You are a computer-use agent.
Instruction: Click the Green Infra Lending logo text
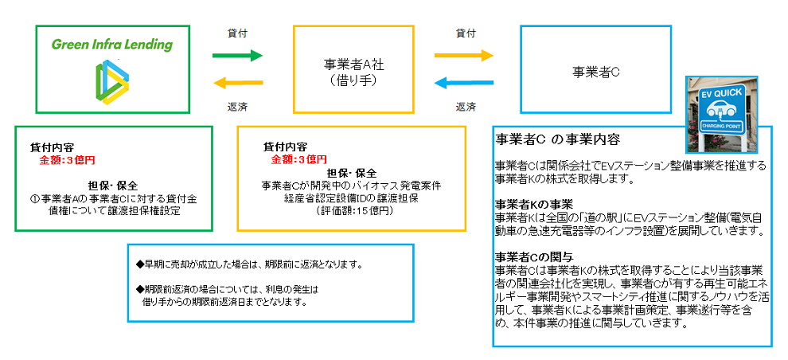point(111,45)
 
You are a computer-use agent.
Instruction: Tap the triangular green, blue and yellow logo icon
point(112,82)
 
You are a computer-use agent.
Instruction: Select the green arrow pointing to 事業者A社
point(238,55)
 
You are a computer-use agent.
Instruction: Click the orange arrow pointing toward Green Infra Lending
point(238,83)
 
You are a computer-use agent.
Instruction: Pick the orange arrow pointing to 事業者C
point(464,55)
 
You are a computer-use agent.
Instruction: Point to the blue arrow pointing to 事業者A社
point(464,83)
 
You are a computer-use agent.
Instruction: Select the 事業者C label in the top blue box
point(595,72)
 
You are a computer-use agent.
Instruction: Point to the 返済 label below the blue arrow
point(466,107)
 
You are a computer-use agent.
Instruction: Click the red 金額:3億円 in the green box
point(67,160)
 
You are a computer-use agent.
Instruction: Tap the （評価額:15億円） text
point(351,212)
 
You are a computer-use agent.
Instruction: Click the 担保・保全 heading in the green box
point(112,185)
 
